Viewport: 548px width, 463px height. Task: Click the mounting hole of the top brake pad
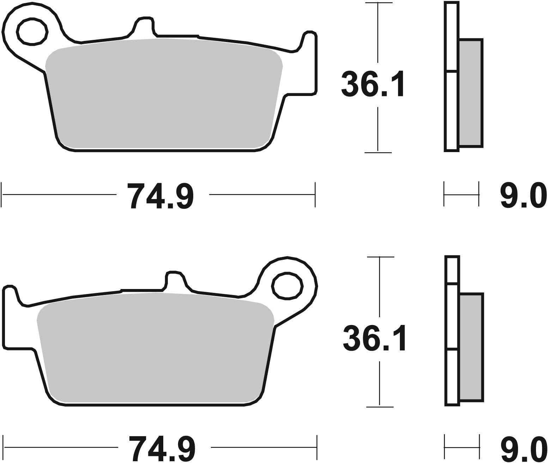32,31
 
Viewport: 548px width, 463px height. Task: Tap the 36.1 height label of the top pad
372,84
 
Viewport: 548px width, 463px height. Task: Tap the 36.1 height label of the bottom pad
373,338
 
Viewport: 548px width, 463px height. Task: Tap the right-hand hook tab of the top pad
310,64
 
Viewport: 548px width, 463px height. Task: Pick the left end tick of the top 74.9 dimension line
2,194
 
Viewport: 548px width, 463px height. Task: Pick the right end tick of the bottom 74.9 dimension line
317,447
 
